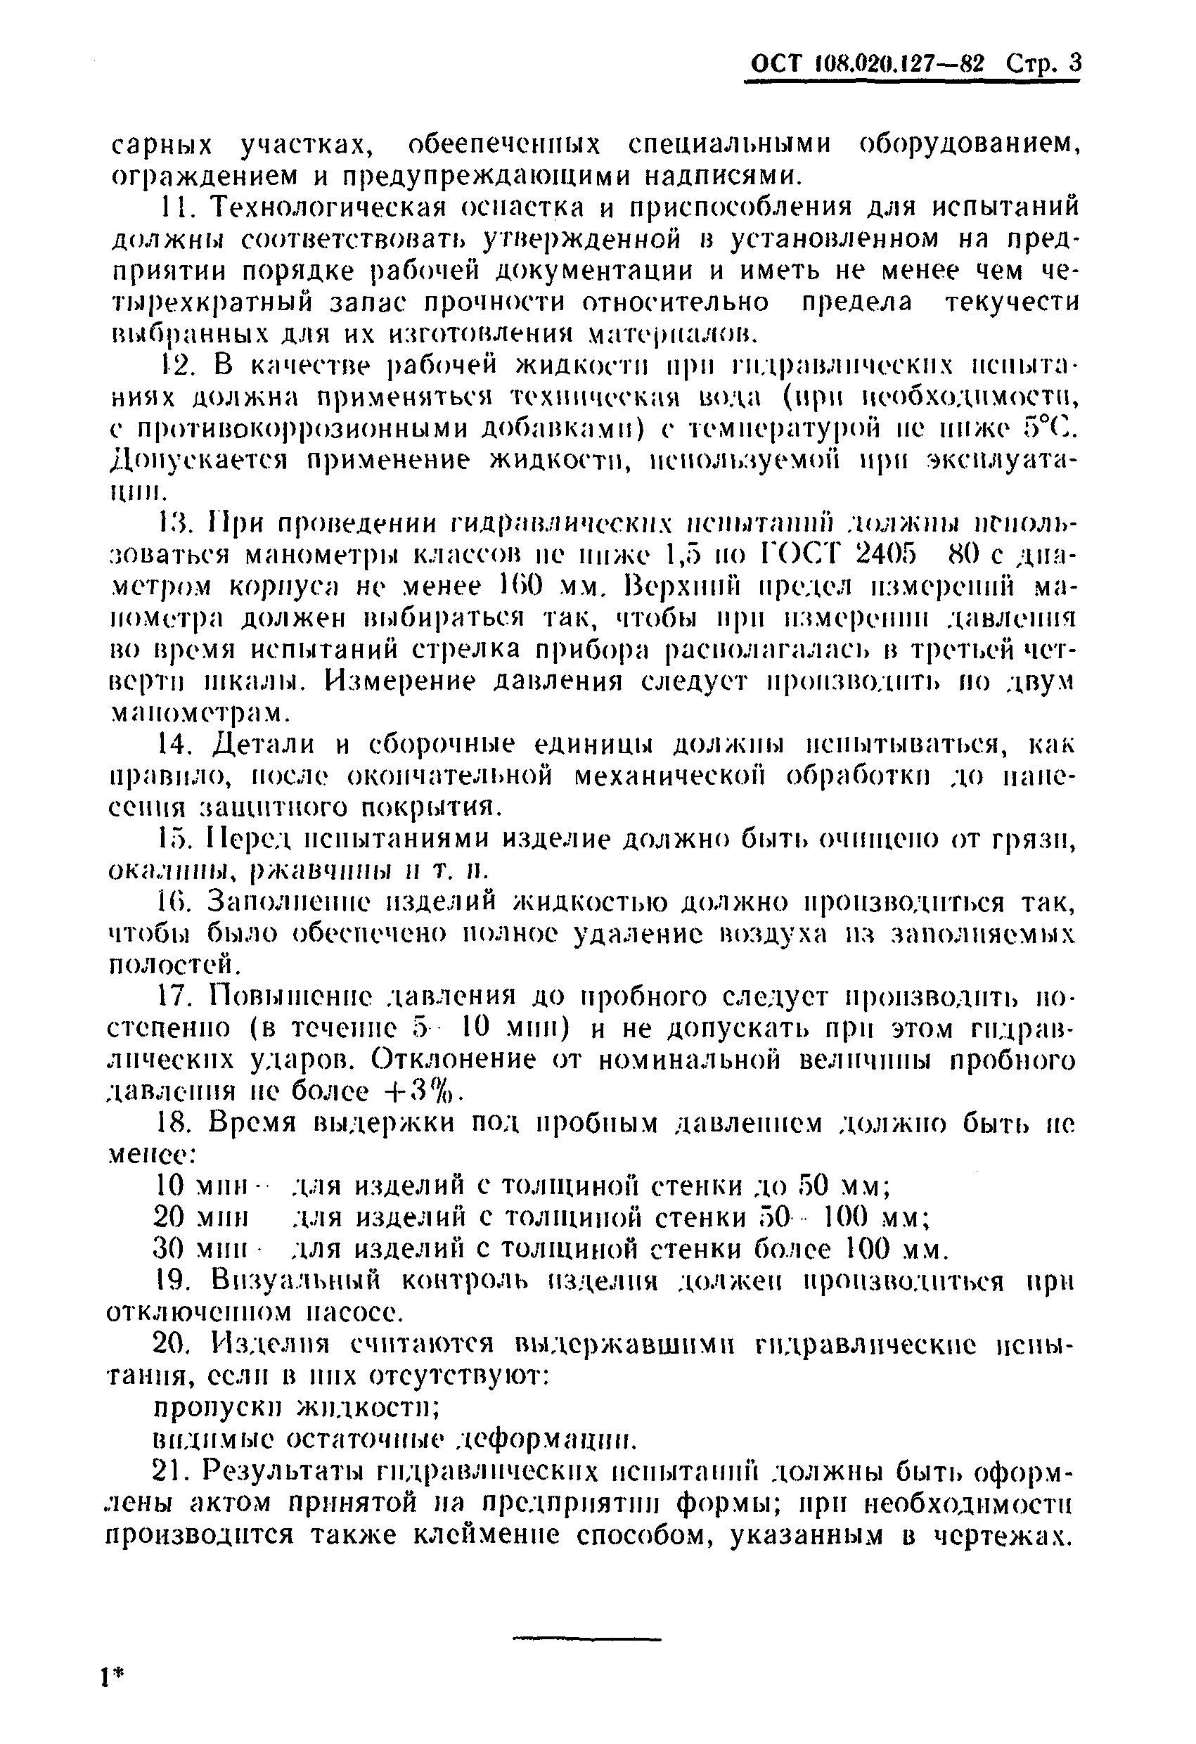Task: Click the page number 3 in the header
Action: coord(1074,64)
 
